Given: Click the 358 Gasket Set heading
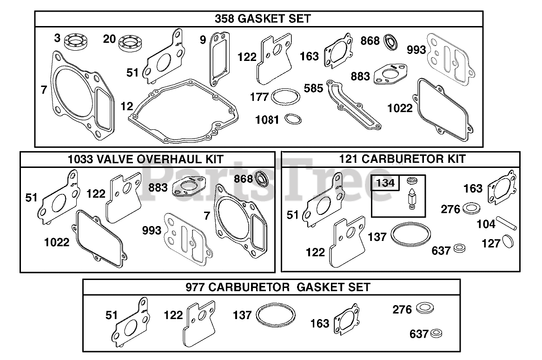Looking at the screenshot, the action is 263,18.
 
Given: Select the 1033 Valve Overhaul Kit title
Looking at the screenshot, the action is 145,159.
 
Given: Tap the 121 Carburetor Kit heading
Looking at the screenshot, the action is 403,159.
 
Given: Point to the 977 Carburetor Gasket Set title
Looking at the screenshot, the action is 278,287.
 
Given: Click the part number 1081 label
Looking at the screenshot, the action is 267,120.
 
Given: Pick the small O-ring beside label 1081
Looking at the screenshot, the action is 293,119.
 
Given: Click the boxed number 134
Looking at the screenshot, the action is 385,182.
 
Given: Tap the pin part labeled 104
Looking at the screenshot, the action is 506,223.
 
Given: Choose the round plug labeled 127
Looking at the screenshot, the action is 508,241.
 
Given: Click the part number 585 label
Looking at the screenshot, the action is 313,88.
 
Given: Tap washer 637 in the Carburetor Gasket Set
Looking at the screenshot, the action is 436,333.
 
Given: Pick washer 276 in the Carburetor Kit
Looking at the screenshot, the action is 471,208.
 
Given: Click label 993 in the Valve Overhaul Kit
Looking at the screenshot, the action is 152,230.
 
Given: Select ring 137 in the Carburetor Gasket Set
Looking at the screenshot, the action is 276,315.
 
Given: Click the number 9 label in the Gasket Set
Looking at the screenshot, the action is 203,40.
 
